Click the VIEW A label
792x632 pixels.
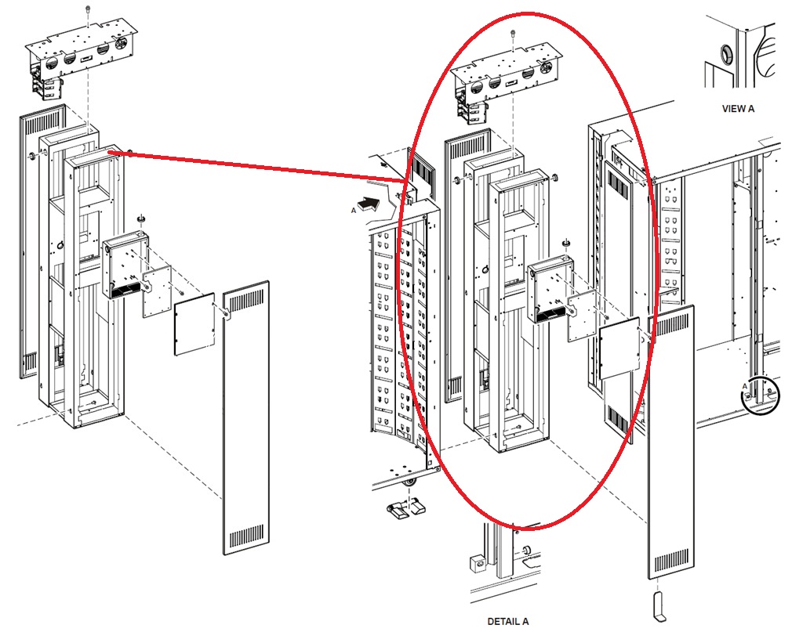click(x=738, y=109)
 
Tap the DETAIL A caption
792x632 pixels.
click(x=508, y=621)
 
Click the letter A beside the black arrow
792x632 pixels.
click(x=354, y=210)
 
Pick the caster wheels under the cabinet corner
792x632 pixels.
click(x=404, y=506)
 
